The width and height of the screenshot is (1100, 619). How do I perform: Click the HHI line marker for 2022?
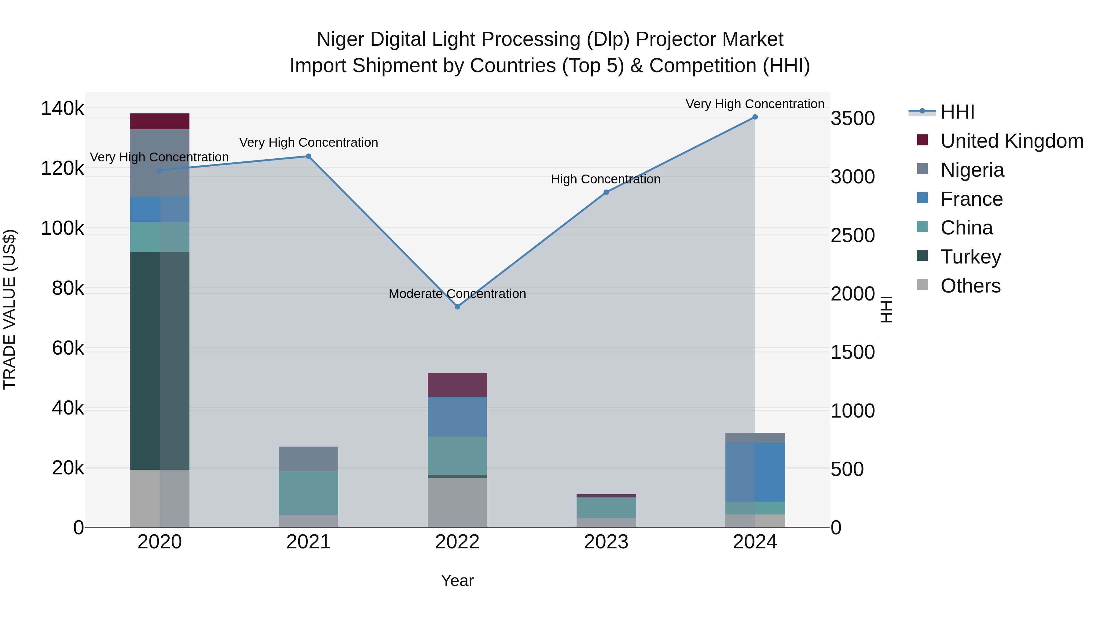tap(457, 307)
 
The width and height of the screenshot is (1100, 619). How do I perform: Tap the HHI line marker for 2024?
tap(755, 117)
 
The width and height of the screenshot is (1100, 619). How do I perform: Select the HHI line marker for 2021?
tap(308, 156)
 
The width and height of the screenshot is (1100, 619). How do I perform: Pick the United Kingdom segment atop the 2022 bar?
tap(457, 385)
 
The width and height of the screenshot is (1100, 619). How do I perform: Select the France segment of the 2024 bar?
tap(755, 472)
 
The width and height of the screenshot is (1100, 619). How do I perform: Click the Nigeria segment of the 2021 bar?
tap(308, 459)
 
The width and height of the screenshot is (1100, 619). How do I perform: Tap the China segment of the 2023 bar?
tap(606, 507)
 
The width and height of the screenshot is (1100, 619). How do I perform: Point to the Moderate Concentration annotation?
tap(457, 294)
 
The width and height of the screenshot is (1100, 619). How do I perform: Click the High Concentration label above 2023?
tap(606, 179)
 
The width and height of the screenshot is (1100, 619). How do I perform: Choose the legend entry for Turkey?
tap(971, 257)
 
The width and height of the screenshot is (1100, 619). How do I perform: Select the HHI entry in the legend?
tap(957, 112)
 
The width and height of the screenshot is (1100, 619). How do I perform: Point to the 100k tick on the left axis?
tap(62, 229)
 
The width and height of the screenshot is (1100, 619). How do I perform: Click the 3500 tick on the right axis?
tap(852, 119)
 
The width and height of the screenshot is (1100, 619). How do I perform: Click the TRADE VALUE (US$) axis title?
tap(9, 309)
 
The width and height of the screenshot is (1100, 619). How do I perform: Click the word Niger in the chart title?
tap(339, 39)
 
